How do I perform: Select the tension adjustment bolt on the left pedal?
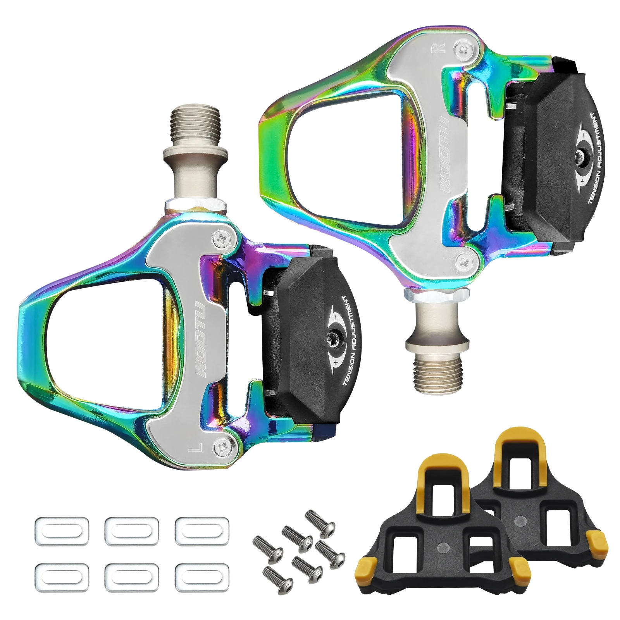(332, 338)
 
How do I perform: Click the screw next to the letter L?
(222, 448)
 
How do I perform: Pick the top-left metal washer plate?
(62, 531)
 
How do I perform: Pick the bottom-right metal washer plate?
(201, 577)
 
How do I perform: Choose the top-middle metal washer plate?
(131, 531)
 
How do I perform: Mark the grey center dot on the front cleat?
(443, 548)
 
